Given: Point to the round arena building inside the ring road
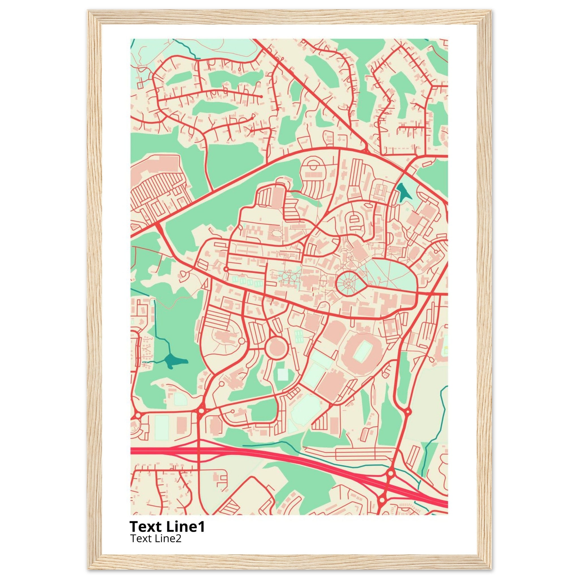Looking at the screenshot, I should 276,347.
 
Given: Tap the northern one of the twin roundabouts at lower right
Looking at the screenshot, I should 390,474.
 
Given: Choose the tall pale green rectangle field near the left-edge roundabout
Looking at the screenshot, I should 162,427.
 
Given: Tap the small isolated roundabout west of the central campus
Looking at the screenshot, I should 226,269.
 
